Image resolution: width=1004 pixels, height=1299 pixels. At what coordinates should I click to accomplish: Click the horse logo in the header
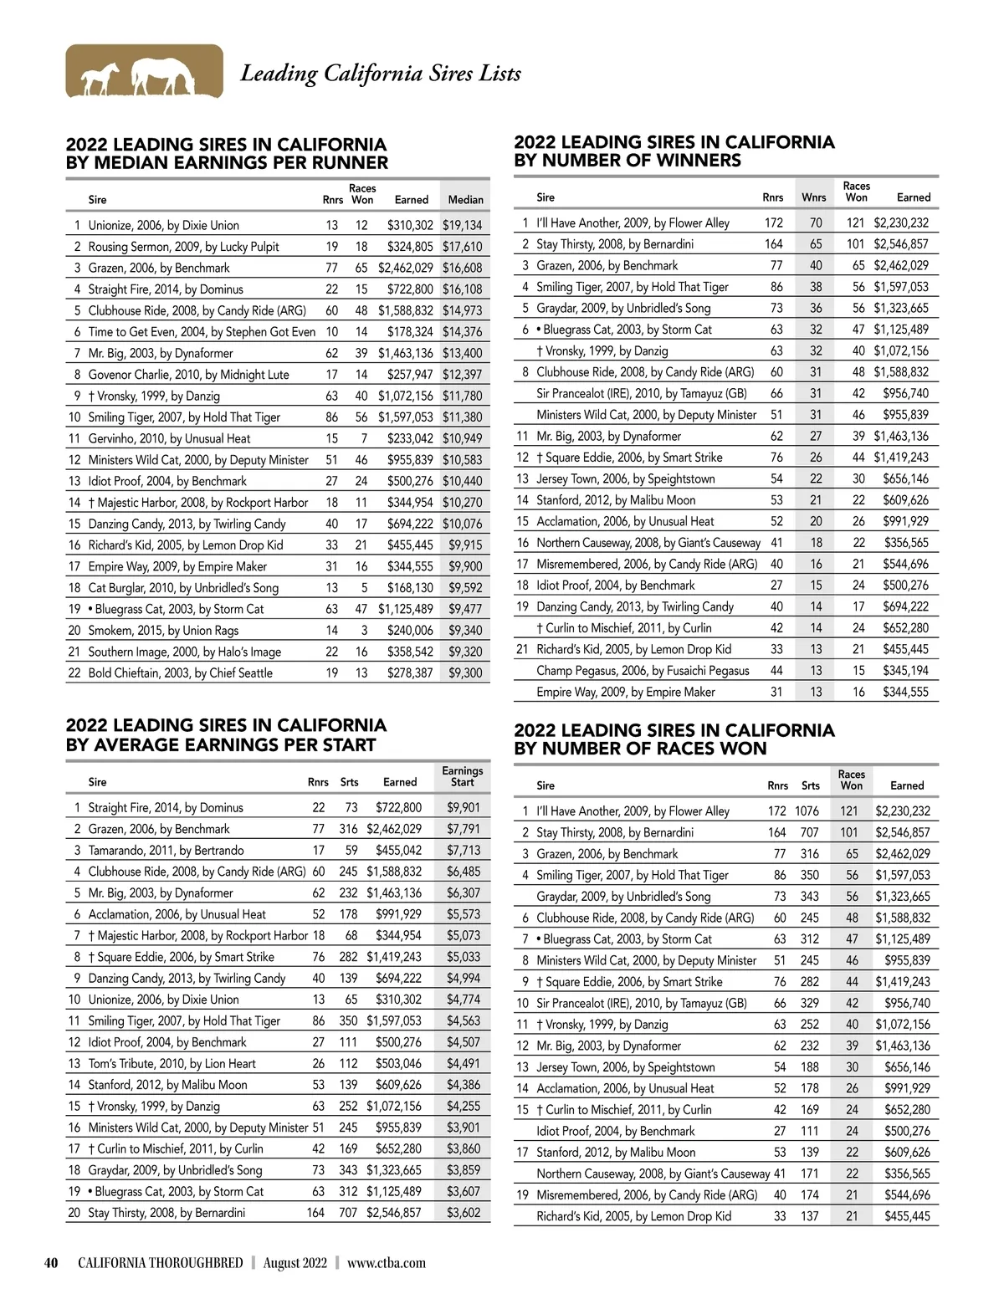click(144, 72)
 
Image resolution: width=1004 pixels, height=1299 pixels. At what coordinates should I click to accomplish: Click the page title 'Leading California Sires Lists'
click(381, 74)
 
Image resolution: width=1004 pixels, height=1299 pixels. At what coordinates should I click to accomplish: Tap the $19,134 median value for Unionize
click(462, 225)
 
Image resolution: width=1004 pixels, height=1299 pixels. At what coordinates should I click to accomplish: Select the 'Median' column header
click(465, 199)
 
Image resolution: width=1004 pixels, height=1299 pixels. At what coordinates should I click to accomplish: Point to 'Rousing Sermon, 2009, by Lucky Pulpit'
click(183, 247)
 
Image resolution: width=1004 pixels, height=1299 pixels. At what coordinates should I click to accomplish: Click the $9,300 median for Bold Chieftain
click(465, 673)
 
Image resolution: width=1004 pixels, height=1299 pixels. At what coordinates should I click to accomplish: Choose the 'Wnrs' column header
click(813, 197)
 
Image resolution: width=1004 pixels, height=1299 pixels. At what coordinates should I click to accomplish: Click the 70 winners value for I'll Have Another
click(815, 222)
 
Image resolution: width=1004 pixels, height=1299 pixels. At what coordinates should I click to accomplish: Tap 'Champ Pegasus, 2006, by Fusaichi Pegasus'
click(643, 670)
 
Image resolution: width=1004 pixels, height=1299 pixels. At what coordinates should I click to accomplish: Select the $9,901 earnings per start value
click(463, 807)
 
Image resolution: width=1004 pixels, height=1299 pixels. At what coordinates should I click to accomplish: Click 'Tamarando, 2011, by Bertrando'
click(166, 850)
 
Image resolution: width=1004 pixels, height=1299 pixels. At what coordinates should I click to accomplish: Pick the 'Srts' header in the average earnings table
click(349, 782)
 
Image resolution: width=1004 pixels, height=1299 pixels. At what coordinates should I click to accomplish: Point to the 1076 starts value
click(807, 811)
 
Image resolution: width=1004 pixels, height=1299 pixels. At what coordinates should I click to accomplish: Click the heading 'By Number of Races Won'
click(640, 748)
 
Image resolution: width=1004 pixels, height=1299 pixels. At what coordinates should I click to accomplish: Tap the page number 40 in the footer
click(51, 1263)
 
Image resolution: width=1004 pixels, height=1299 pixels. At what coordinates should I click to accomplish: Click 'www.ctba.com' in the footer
click(386, 1263)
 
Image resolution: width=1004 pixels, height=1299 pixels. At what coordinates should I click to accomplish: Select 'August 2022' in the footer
click(295, 1263)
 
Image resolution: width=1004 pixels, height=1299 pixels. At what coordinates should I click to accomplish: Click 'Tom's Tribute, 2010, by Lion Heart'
click(172, 1063)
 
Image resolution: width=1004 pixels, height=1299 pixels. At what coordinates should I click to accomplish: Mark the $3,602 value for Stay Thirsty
click(463, 1212)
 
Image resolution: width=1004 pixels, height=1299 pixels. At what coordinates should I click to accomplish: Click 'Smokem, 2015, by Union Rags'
click(163, 630)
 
